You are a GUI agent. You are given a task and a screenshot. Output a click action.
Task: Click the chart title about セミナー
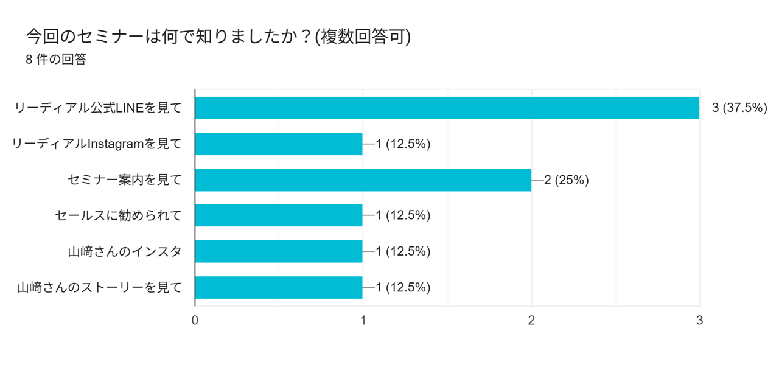point(218,37)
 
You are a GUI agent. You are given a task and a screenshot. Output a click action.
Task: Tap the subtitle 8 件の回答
point(56,60)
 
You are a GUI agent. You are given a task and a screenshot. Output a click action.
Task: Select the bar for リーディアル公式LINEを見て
point(447,108)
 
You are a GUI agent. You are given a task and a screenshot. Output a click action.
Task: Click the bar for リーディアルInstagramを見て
point(279,144)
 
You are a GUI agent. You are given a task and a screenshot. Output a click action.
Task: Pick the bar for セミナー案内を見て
point(363,180)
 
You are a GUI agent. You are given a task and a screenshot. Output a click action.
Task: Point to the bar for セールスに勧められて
point(279,215)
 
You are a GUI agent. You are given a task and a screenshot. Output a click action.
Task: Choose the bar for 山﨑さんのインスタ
point(279,251)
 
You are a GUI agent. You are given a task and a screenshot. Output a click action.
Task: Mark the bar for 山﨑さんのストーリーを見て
point(279,287)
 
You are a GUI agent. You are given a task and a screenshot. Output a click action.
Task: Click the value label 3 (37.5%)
point(739,108)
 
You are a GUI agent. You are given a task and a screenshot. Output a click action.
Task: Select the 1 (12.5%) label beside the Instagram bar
point(403,144)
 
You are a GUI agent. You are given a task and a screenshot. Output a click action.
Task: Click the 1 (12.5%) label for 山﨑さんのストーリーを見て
point(403,287)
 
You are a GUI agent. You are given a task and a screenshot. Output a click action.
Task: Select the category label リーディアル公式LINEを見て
point(98,108)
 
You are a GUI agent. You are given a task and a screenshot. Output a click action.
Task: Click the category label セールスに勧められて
point(118,215)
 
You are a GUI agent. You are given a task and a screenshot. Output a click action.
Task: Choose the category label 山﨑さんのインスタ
point(125,251)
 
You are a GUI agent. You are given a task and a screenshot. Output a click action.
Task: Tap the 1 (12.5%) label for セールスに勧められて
point(403,215)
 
